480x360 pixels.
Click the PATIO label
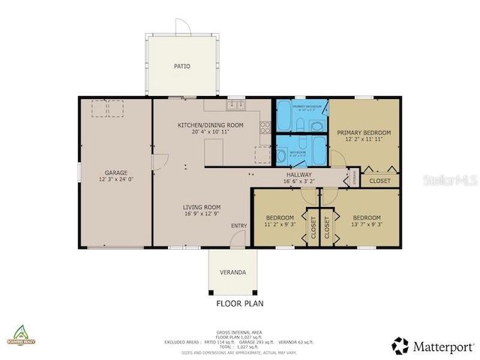[x=181, y=66]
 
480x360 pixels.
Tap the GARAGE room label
[x=115, y=172]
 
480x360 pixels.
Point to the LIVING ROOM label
[x=201, y=207]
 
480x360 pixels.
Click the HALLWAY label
[x=298, y=175]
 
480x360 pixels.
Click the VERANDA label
[x=232, y=272]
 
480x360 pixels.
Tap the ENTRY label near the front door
[x=238, y=226]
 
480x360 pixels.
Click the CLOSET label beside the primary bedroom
[x=379, y=181]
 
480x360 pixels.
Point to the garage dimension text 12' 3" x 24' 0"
[x=115, y=179]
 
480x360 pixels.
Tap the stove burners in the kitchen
[x=264, y=127]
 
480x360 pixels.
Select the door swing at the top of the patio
[x=183, y=27]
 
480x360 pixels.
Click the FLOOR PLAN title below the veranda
[x=240, y=304]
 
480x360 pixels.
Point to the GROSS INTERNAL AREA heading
[x=239, y=331]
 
